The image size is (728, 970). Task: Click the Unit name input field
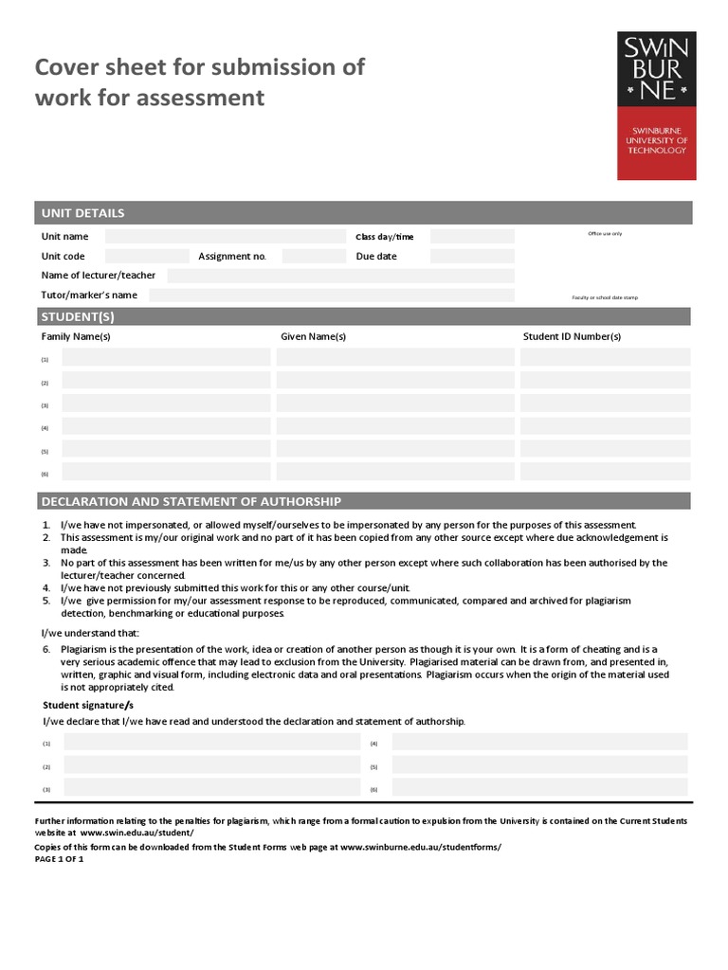pos(226,237)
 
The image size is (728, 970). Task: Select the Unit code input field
pos(147,256)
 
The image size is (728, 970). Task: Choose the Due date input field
pos(472,256)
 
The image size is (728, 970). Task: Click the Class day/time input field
pos(472,237)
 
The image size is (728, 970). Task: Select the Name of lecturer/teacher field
pos(340,276)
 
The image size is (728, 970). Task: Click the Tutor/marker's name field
pos(332,296)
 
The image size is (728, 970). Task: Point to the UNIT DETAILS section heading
pos(83,213)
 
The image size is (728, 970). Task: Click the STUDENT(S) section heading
pos(78,316)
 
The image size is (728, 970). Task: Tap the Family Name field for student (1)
pos(166,357)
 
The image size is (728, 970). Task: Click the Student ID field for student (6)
pos(605,472)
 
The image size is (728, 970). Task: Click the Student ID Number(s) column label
pos(572,336)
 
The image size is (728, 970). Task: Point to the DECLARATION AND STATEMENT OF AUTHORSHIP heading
pos(191,501)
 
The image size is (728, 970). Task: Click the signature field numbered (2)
pos(211,765)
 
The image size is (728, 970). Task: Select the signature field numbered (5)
pos(539,765)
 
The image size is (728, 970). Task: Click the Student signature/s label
pos(88,706)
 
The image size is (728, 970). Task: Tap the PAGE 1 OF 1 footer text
pos(59,859)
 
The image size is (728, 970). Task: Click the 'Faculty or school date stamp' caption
pos(605,297)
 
